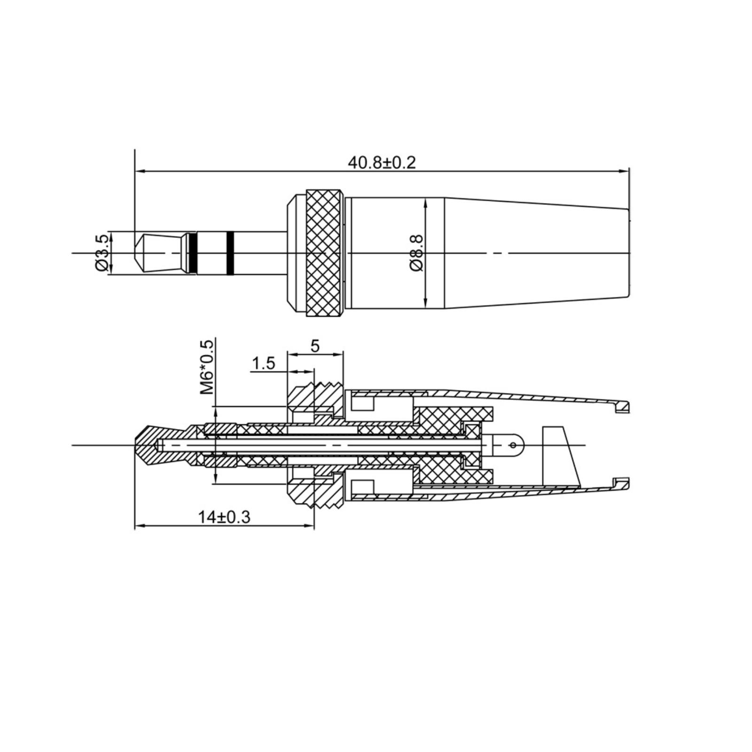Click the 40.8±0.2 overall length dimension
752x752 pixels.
382,163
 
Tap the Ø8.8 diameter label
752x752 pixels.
416,253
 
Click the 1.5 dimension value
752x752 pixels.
263,363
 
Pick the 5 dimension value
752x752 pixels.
315,346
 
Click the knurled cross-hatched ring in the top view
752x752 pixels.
324,253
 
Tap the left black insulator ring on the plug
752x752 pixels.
193,253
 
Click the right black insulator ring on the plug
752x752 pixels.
230,253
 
